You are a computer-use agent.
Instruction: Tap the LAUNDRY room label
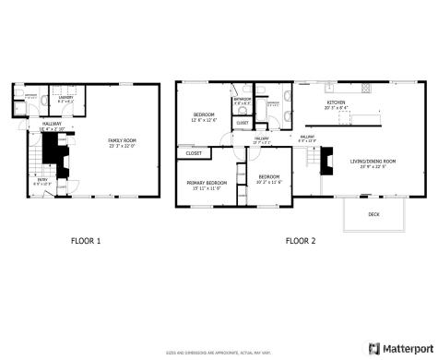65,97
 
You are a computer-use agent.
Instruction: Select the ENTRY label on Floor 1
41,181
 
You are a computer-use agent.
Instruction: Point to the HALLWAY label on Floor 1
51,124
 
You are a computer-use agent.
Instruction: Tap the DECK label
373,214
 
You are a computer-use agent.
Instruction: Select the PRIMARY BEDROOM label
207,183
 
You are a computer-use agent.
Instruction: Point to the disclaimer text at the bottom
219,352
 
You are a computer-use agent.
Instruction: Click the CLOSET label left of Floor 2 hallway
194,153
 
